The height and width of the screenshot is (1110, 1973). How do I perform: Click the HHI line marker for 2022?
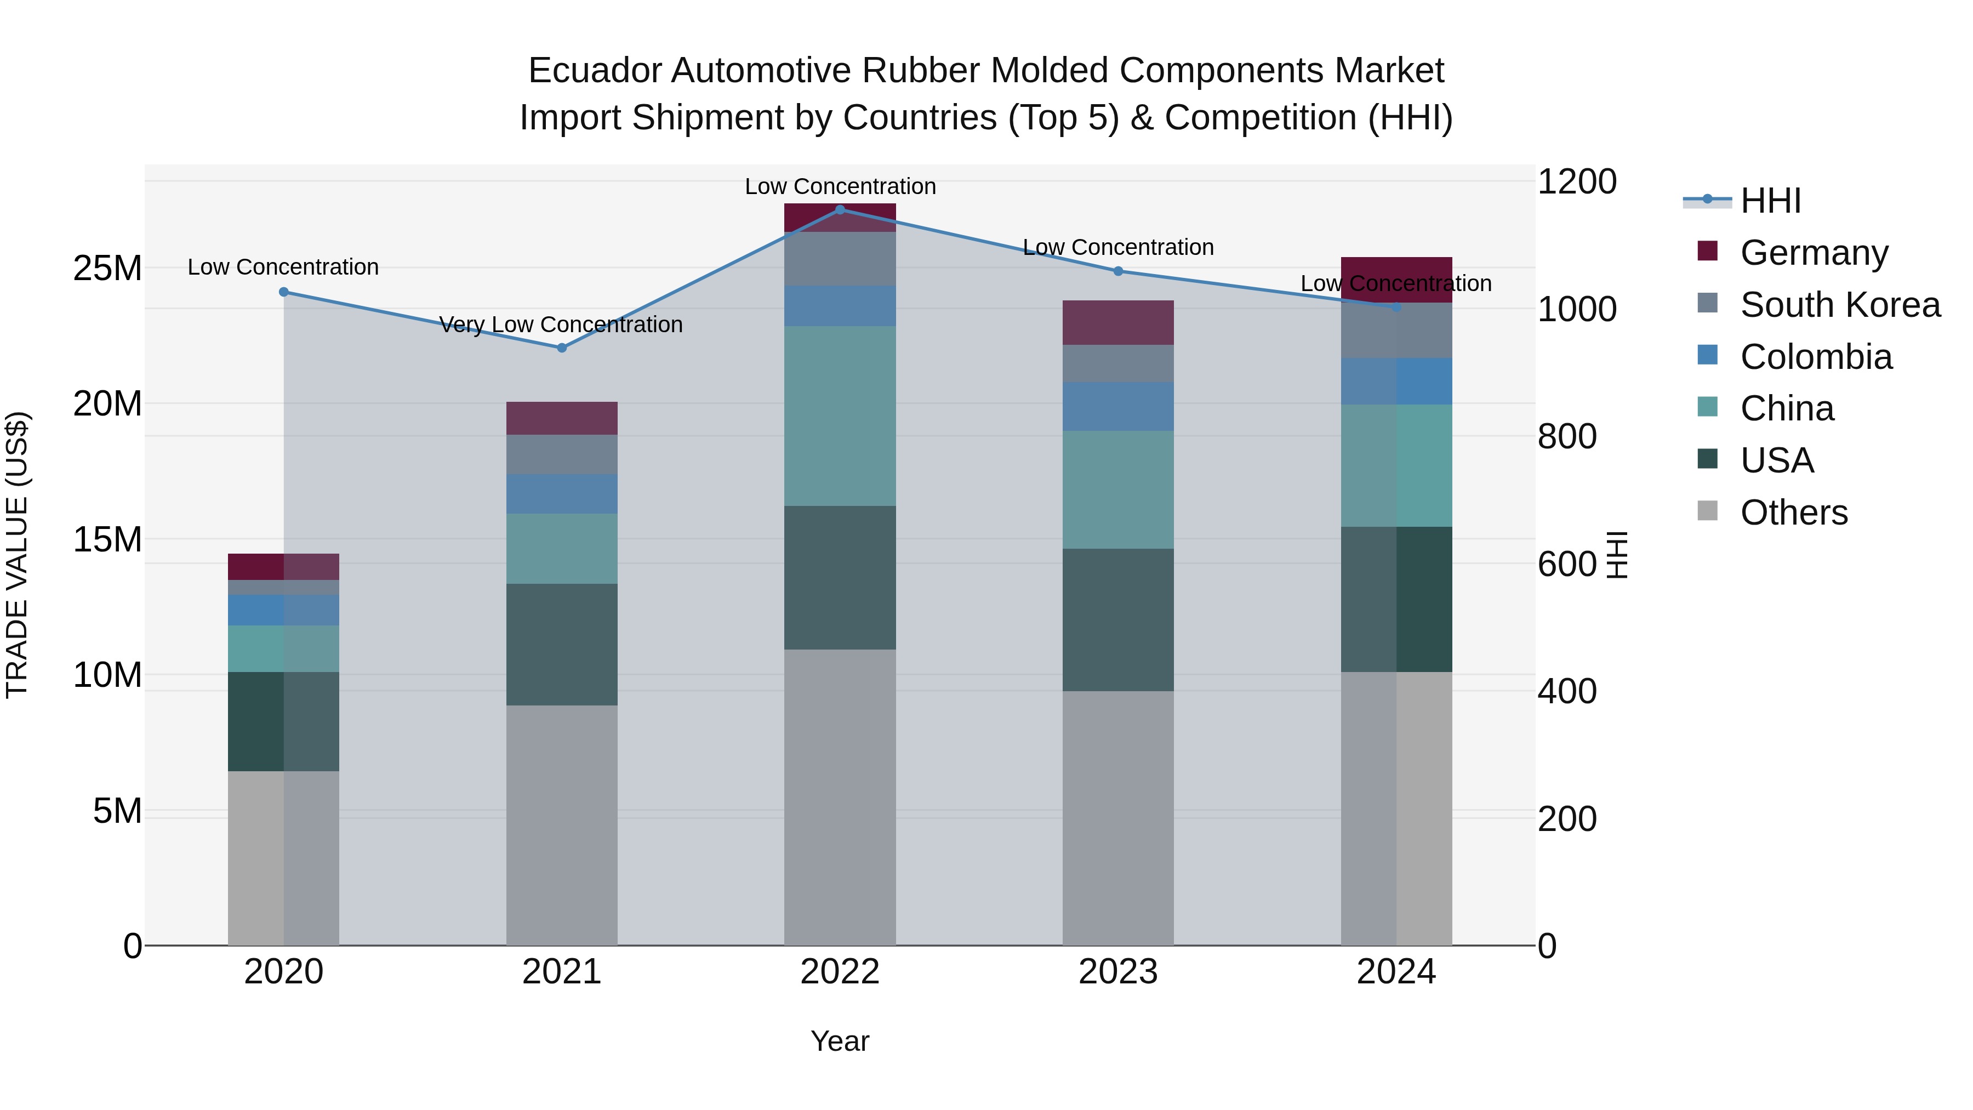tap(840, 209)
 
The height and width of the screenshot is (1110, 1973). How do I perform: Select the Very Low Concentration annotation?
tap(561, 325)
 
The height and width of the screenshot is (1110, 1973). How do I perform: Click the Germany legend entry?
tap(1814, 252)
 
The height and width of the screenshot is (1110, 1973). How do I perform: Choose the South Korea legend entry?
tap(1840, 304)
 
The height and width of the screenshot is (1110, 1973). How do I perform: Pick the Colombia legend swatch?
tap(1707, 355)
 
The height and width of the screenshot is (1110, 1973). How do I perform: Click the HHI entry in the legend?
tap(1770, 201)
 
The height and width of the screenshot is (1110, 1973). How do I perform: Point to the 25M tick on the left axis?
tap(107, 268)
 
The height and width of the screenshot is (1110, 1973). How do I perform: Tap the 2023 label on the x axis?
tap(1117, 972)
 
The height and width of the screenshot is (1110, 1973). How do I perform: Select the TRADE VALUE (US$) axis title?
tap(18, 555)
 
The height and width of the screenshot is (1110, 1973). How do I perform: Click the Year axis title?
tap(840, 1041)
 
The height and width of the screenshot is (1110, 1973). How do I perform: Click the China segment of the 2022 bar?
tap(840, 416)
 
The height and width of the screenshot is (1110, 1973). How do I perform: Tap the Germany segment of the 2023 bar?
tap(1117, 322)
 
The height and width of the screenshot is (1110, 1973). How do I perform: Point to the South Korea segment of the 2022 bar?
tap(840, 259)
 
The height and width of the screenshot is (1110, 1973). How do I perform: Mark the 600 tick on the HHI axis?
tap(1566, 564)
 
